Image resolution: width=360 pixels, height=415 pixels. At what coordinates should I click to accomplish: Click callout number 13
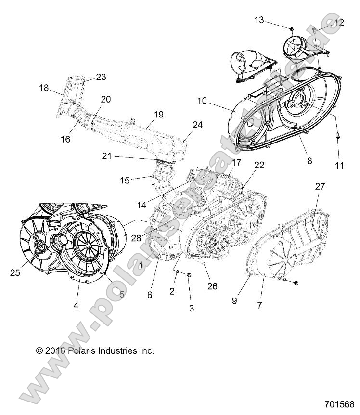click(x=259, y=20)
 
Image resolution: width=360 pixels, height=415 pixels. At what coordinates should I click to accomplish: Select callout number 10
click(x=202, y=101)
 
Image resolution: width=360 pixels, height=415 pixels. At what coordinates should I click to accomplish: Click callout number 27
click(x=320, y=187)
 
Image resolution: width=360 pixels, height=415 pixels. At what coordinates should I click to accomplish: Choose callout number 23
click(x=101, y=77)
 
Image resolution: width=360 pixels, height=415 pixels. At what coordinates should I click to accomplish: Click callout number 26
click(x=212, y=286)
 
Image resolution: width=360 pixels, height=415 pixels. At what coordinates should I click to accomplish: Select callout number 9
click(x=234, y=301)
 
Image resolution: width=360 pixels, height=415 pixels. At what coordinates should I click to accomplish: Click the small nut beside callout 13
click(x=292, y=28)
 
